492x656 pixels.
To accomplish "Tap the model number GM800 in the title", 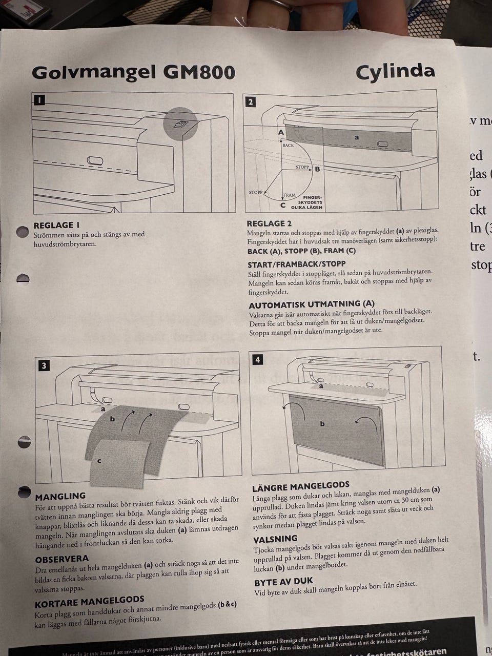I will click(199, 72).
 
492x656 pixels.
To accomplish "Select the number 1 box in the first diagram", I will click(39, 100).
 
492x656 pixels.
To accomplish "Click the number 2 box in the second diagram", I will click(250, 101).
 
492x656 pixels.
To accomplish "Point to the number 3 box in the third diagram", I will click(45, 365).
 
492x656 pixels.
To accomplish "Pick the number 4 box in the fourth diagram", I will click(257, 360).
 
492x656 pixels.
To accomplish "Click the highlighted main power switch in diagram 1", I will click(181, 124).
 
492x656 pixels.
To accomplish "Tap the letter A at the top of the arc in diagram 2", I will click(281, 132).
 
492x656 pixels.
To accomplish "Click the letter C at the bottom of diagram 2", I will click(283, 206).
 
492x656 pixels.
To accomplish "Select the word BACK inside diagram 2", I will click(288, 146).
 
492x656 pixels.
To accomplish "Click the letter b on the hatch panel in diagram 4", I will click(322, 424).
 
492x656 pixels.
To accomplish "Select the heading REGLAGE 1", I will click(56, 225).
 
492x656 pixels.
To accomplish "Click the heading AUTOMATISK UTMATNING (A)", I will click(311, 304).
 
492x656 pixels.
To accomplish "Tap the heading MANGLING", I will click(60, 496).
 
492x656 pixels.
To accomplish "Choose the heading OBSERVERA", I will click(61, 559).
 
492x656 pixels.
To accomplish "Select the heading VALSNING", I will click(275, 539).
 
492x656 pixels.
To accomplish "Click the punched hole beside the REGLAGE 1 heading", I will click(23, 232).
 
